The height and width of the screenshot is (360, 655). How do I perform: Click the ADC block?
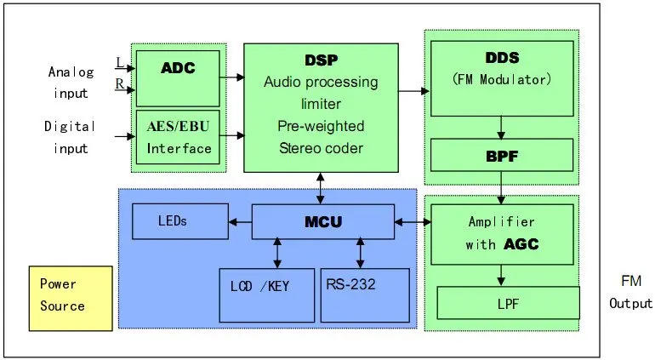coord(178,76)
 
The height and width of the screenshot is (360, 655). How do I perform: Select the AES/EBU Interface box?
coord(178,137)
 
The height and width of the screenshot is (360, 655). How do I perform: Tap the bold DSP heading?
coord(321,60)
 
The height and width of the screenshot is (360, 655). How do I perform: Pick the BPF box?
coord(502,156)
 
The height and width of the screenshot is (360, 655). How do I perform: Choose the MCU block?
coord(322,222)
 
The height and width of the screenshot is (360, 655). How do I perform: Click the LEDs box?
coord(179,222)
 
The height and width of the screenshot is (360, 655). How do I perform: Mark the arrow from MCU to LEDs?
coord(239,223)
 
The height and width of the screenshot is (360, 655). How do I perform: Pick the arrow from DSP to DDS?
coord(413,89)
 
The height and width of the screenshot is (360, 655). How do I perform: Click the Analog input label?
coord(71,81)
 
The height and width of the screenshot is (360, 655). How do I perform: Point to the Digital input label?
coord(71,137)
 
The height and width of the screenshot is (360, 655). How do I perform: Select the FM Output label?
coord(630,292)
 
